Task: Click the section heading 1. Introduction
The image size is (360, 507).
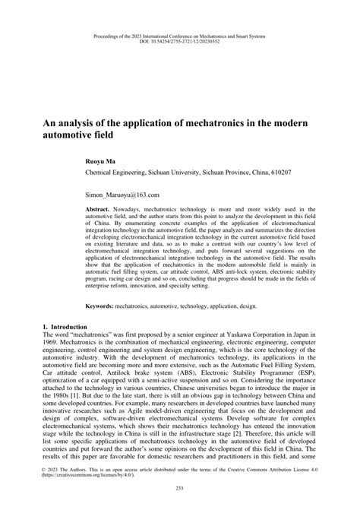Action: click(65, 326)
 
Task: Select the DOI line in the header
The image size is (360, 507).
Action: click(180, 41)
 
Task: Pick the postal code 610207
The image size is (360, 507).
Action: click(276, 173)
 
